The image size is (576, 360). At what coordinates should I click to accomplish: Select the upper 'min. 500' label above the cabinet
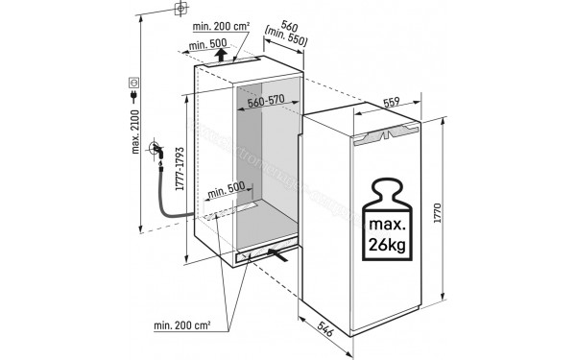tap(206, 45)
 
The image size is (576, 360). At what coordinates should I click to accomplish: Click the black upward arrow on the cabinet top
tap(222, 55)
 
